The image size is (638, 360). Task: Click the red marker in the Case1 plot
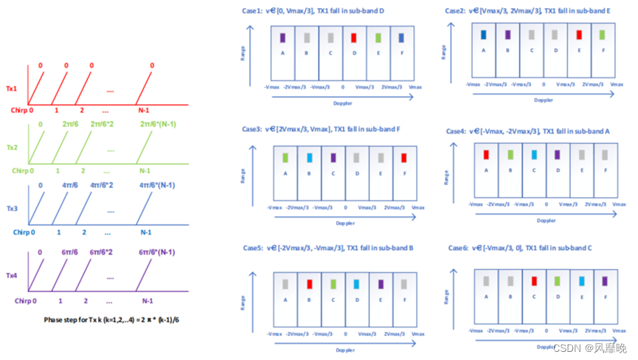pos(354,38)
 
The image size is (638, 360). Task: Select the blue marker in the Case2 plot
pos(484,34)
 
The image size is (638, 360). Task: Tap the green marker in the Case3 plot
pos(285,157)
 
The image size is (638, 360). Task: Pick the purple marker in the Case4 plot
pos(558,154)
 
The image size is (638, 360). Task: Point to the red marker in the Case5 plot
pos(309,283)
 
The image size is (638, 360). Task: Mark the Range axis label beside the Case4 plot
pos(447,174)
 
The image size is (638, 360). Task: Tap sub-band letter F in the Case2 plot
pos(603,50)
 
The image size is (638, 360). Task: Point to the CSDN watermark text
pos(598,347)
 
